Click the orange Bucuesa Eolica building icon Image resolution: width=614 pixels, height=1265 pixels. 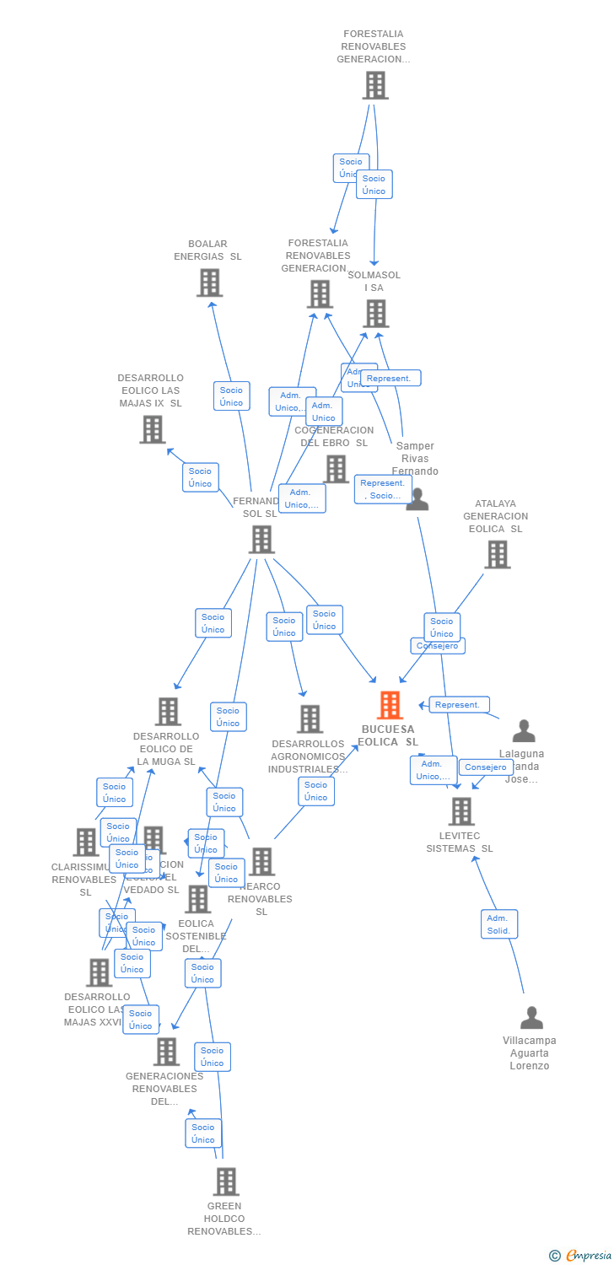coord(390,705)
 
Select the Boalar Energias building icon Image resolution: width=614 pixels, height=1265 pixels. coord(209,283)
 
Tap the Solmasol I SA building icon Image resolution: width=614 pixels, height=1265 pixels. coord(375,314)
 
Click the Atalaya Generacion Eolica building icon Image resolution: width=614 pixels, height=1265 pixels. coord(497,555)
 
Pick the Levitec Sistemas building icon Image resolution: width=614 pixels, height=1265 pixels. coord(461,811)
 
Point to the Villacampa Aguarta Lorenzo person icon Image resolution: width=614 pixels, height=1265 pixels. coord(531,1018)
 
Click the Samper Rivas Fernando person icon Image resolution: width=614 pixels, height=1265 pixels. coord(417,499)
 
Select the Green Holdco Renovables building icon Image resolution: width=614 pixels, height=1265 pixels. coord(226,1182)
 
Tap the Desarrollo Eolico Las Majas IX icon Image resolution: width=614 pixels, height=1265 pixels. coord(152,429)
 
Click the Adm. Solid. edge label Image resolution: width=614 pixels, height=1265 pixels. coord(499,924)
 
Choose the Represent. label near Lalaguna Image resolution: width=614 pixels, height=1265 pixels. coord(459,705)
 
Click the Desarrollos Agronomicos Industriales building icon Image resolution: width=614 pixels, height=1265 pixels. coord(310,719)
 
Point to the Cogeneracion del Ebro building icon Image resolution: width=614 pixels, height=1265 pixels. coord(336,469)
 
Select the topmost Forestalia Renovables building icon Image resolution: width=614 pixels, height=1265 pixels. coord(375,85)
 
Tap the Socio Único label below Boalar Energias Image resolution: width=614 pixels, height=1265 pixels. coord(231,396)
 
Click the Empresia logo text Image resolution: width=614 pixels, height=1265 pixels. coord(589,1256)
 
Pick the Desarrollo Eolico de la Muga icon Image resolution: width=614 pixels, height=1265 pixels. coord(168,712)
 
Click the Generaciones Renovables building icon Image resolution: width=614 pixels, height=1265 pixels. coord(166,1052)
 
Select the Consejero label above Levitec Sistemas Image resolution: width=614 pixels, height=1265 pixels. coord(486,767)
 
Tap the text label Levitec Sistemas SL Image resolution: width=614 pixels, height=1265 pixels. coord(460,842)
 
